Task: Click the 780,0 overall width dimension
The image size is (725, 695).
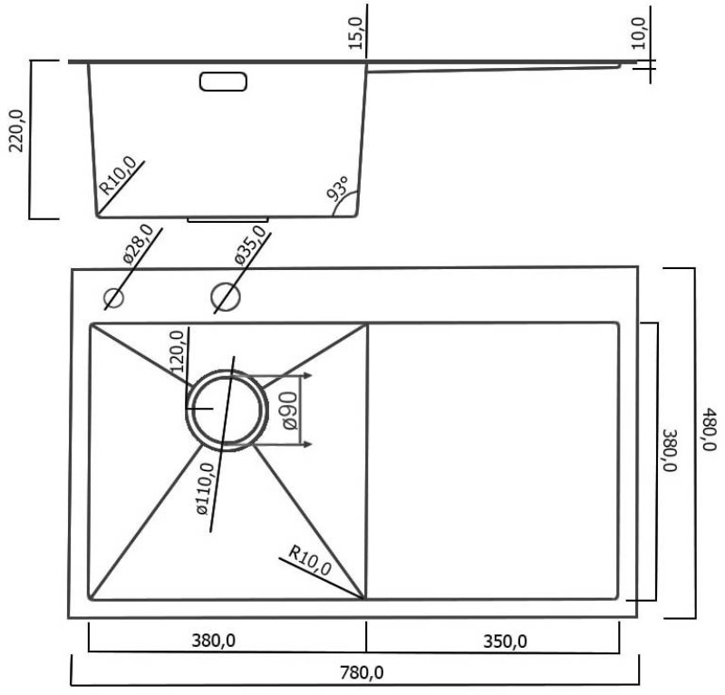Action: (362, 673)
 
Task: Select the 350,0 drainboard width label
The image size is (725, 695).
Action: (505, 642)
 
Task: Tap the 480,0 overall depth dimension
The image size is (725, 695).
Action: (709, 429)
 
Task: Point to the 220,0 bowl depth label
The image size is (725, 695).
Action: (16, 130)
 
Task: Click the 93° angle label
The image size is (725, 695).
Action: (337, 188)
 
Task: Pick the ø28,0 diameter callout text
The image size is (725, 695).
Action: (138, 244)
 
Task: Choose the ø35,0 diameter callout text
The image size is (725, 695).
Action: (250, 245)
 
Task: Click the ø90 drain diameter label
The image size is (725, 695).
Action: (290, 410)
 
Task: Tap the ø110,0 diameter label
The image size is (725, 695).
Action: (206, 488)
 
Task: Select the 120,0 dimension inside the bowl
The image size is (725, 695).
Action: (177, 352)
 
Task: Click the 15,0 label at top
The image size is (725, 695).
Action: (356, 33)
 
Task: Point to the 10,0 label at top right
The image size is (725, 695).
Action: (638, 33)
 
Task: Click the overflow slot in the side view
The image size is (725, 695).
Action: (223, 82)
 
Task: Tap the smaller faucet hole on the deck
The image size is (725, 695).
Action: (114, 297)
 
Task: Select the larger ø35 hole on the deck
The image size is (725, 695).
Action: (226, 297)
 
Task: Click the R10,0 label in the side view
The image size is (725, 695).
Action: (119, 175)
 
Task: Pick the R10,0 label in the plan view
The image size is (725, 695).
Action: (309, 560)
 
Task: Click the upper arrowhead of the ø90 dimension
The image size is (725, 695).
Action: (307, 375)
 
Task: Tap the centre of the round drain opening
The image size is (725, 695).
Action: (227, 410)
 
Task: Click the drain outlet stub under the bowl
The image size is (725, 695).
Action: (228, 219)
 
